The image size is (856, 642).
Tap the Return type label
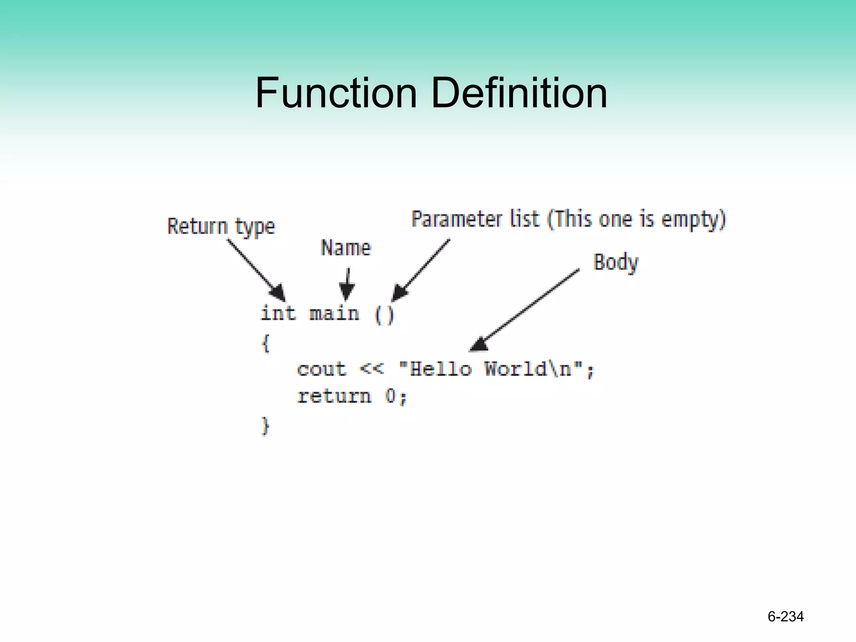(221, 227)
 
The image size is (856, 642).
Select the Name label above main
(346, 248)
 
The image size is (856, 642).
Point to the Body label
(616, 263)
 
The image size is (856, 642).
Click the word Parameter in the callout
(456, 219)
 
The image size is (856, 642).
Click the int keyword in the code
(278, 313)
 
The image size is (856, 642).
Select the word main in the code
(334, 313)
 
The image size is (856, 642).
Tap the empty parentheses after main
(384, 315)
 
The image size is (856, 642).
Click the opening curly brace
(265, 344)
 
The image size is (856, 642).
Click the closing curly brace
(265, 426)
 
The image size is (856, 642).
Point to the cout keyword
(321, 369)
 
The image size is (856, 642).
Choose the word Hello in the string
(441, 369)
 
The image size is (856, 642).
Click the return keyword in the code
(334, 396)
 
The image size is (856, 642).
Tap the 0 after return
(390, 396)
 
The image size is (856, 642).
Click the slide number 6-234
(785, 617)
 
